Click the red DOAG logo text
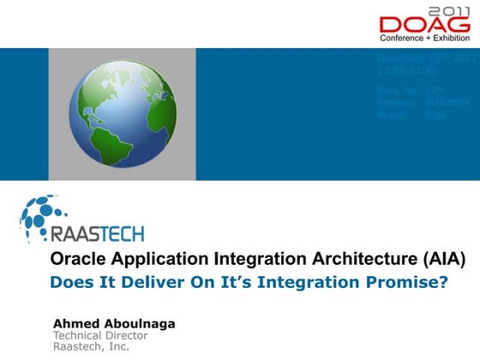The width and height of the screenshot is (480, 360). click(425, 25)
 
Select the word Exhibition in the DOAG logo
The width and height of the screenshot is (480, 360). click(451, 39)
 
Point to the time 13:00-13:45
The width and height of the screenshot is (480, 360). click(407, 70)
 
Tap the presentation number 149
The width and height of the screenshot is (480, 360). click(435, 90)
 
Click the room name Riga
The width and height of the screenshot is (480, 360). click(435, 114)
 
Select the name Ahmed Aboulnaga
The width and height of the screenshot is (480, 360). click(114, 323)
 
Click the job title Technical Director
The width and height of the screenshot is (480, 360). click(100, 335)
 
